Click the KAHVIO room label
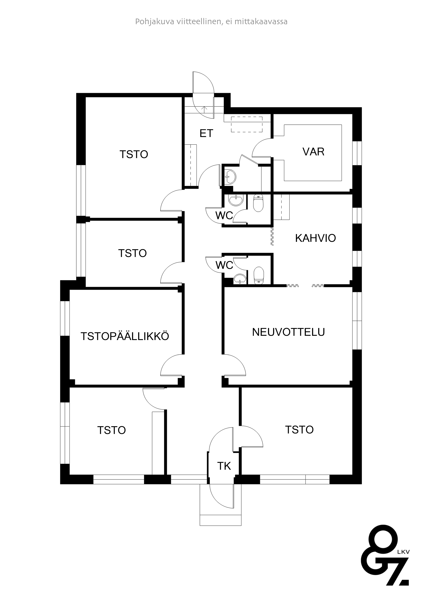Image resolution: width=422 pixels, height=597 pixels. pos(315,238)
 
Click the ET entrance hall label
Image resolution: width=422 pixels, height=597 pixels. pos(206,133)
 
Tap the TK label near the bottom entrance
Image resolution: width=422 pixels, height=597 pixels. pos(224,466)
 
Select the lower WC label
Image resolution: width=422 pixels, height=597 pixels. pos(224,265)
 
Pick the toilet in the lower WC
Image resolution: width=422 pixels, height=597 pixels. pos(258,275)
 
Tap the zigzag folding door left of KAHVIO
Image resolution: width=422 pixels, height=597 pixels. pos(272,236)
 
